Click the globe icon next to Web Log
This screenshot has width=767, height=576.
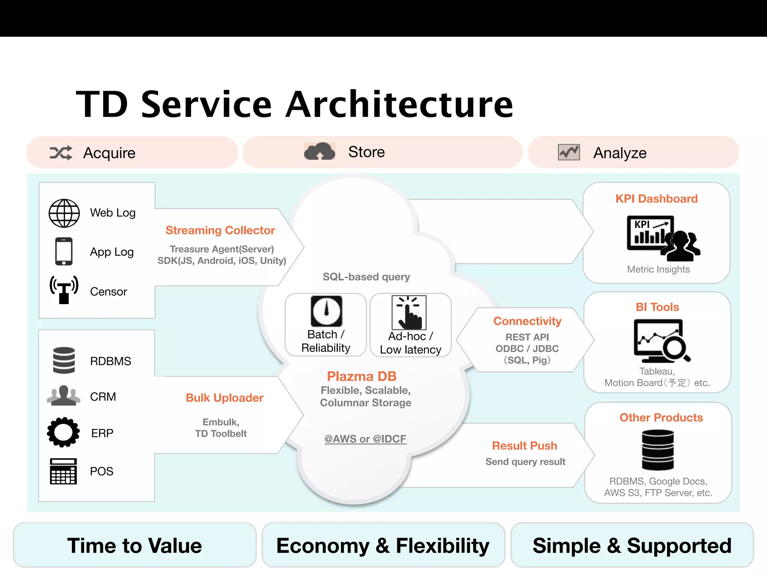pyautogui.click(x=64, y=213)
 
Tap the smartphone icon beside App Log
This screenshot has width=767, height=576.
pyautogui.click(x=64, y=251)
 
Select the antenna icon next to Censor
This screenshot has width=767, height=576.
pyautogui.click(x=64, y=289)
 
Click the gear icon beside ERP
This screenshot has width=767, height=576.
pyautogui.click(x=63, y=432)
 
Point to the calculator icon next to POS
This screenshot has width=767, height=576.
pyautogui.click(x=63, y=471)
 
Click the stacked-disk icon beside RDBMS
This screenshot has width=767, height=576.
pyautogui.click(x=64, y=360)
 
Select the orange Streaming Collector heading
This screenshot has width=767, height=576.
pyautogui.click(x=220, y=230)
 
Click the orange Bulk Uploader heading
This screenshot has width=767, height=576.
pyautogui.click(x=224, y=397)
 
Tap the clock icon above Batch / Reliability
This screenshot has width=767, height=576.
pyautogui.click(x=326, y=311)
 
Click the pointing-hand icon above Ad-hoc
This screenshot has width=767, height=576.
pyautogui.click(x=409, y=312)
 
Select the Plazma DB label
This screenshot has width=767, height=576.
pyautogui.click(x=361, y=376)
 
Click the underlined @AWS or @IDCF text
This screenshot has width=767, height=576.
pyautogui.click(x=365, y=439)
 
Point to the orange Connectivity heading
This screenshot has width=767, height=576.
pyautogui.click(x=527, y=321)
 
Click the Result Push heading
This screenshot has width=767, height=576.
pyautogui.click(x=524, y=445)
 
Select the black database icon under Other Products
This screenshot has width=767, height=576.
pyautogui.click(x=658, y=450)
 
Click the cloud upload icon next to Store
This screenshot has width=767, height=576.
pyautogui.click(x=319, y=151)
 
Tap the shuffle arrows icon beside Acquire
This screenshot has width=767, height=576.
pyautogui.click(x=61, y=153)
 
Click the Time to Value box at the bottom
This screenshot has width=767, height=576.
pyautogui.click(x=134, y=545)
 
